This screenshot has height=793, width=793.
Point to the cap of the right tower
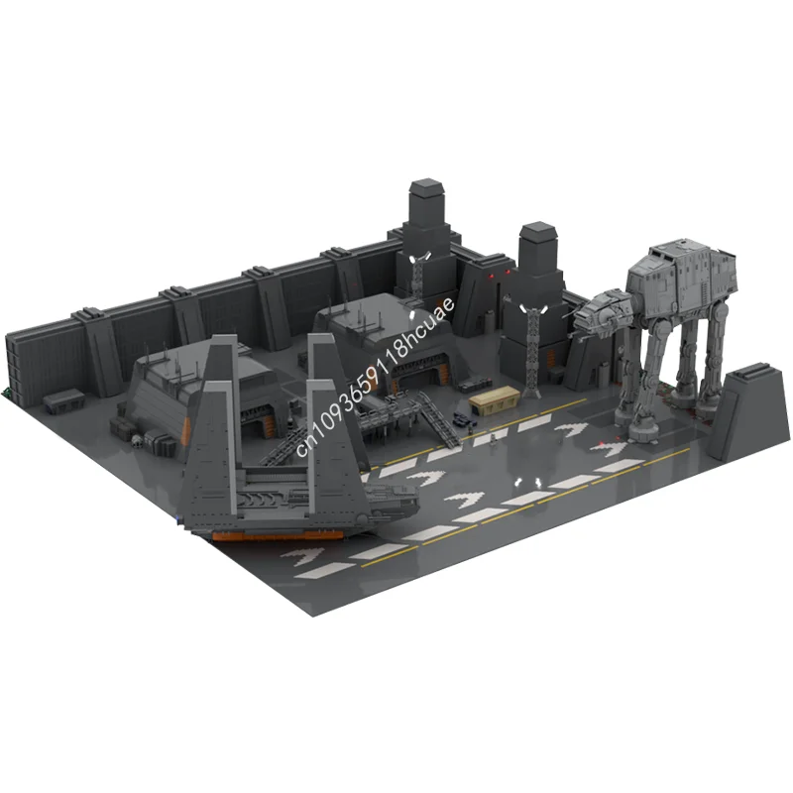tap(536, 234)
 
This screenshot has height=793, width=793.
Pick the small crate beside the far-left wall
tap(67, 399)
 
